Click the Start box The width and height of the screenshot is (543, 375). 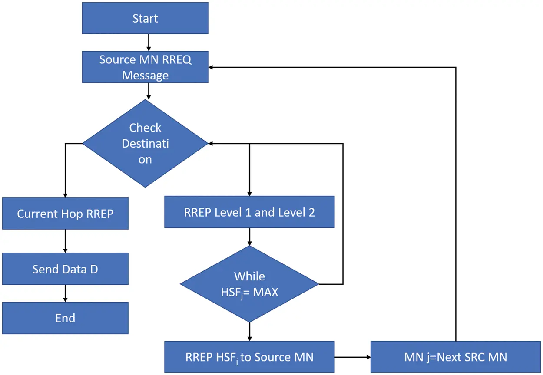145,18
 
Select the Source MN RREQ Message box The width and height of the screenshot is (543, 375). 145,67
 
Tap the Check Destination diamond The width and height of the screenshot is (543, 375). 145,143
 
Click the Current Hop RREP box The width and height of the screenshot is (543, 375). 65,214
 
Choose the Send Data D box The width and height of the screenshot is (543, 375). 65,269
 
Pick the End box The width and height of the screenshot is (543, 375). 65,318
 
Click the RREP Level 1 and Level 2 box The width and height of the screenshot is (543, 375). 249,212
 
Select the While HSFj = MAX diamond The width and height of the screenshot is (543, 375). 249,284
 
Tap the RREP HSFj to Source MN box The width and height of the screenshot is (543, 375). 249,357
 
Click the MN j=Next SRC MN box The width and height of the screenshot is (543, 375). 455,357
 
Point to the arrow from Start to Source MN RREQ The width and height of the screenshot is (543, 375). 149,42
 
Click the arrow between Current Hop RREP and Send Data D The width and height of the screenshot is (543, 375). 65,241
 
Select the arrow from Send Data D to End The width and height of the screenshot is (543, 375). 65,293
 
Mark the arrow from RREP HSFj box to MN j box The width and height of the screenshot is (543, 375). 352,357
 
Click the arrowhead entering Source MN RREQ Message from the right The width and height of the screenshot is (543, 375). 212,67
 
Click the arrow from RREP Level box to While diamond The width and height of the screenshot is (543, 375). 249,237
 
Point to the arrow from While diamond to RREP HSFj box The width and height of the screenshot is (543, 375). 249,332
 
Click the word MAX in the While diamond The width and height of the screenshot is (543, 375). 265,292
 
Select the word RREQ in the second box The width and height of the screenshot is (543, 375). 176,59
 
